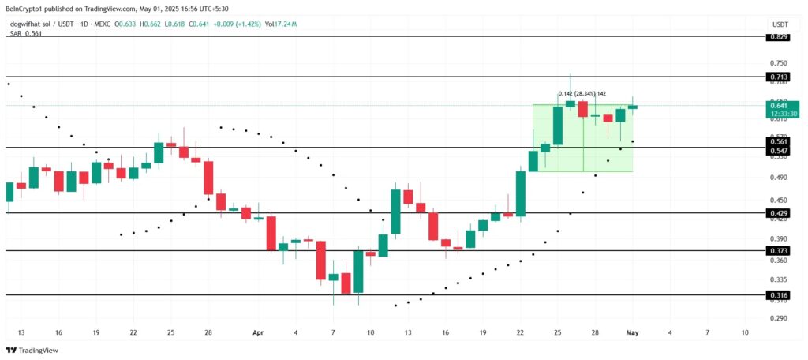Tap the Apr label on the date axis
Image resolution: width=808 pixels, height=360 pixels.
258,333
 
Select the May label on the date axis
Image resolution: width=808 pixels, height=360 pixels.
633,333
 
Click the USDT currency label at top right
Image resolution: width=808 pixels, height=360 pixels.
778,25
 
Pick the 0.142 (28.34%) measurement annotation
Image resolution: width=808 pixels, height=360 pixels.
582,94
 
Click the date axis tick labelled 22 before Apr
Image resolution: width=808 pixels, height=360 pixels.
133,333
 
